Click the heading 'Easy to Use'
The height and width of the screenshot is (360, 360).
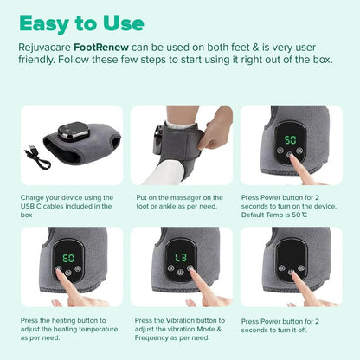pos(81,23)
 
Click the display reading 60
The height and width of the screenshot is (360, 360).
pos(67,258)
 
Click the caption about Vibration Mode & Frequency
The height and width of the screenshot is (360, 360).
pos(179,329)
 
